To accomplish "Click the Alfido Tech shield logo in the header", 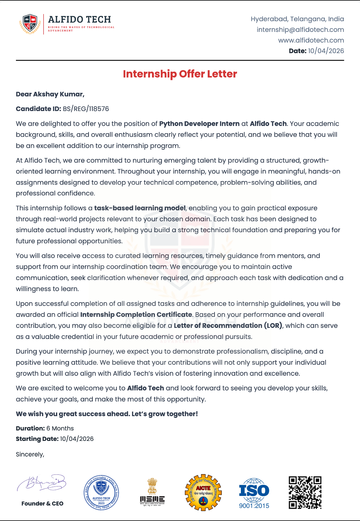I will tap(30, 24).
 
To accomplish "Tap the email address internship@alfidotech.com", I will tap(300, 30).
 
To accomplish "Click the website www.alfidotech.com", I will tap(311, 40).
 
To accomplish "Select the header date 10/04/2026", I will tap(326, 51).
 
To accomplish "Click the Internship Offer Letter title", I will tap(180, 74).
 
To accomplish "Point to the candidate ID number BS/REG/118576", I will tap(86, 109).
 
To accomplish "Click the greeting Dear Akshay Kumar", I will tap(50, 94).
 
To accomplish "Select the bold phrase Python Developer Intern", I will tap(199, 124).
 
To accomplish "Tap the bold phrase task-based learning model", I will tap(140, 208).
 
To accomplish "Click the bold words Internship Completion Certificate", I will tap(136, 315).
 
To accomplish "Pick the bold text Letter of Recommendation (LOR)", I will tap(228, 326).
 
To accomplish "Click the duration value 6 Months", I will tap(60, 429).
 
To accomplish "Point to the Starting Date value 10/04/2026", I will tap(77, 439).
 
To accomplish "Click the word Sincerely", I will tap(30, 455).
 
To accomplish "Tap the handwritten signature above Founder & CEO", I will tap(42, 483).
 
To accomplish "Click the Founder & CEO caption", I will tap(42, 504).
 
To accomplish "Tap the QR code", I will tap(305, 492).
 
